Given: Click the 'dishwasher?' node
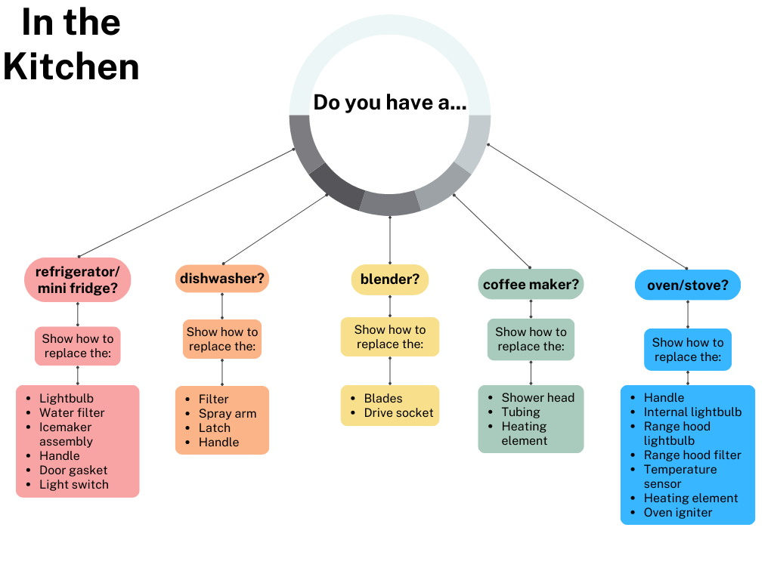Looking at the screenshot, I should click(x=222, y=279).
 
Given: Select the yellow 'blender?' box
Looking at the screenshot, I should click(x=390, y=279).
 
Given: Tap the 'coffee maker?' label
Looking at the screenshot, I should click(x=531, y=285).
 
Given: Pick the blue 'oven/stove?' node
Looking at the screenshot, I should click(x=687, y=285).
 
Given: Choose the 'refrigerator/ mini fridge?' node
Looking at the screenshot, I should click(x=78, y=279).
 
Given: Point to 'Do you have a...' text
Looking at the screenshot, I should click(x=389, y=102).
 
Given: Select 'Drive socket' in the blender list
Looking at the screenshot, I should click(x=398, y=413).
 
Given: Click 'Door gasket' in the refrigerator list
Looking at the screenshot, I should click(x=73, y=470).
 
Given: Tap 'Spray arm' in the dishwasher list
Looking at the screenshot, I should click(x=228, y=414).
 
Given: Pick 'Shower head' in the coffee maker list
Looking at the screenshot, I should click(x=537, y=398).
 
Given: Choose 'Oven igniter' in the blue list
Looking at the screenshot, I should click(x=678, y=513).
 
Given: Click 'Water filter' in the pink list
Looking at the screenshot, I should click(x=72, y=413).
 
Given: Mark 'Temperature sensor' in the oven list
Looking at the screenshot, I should click(x=680, y=477).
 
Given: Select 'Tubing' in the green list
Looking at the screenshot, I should click(x=521, y=412).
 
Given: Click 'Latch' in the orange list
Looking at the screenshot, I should click(x=215, y=428).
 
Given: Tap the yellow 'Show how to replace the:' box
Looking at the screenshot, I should click(x=390, y=337).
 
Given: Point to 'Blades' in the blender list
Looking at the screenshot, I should click(x=383, y=399).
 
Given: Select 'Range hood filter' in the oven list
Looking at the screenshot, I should click(x=692, y=455).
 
